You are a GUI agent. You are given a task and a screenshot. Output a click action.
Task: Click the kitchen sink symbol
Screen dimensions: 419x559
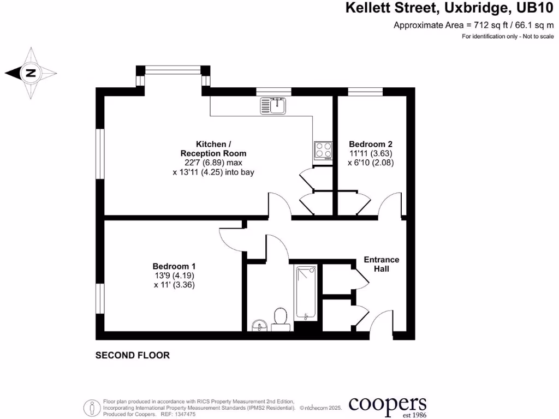[x=273, y=105]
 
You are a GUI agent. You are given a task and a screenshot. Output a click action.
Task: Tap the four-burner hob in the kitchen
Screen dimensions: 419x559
[x=322, y=149]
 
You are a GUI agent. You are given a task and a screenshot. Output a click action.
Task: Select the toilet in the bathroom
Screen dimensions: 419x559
[x=281, y=318]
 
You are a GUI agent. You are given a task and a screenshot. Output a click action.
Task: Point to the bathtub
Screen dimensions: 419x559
[x=305, y=292]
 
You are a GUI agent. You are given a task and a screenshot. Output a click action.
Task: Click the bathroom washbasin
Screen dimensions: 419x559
[x=259, y=326]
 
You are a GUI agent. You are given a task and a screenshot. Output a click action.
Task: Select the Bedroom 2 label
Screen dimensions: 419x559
[x=371, y=144]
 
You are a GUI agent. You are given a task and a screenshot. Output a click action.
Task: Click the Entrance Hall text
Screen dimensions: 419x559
[x=382, y=264]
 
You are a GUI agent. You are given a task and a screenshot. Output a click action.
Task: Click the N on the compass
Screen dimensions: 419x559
[x=31, y=73]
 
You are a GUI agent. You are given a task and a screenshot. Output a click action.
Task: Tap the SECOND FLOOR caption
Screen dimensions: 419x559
[x=133, y=355]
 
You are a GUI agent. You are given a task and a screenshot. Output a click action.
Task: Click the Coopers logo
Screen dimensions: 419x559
[x=387, y=405]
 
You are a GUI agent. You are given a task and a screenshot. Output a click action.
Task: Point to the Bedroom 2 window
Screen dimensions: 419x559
[x=365, y=91]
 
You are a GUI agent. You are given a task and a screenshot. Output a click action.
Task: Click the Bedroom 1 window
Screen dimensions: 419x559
[x=100, y=299]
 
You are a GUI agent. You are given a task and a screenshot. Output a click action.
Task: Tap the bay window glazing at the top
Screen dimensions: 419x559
[x=173, y=69]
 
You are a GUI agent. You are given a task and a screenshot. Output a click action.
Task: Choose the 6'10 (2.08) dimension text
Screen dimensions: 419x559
[x=371, y=163]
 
